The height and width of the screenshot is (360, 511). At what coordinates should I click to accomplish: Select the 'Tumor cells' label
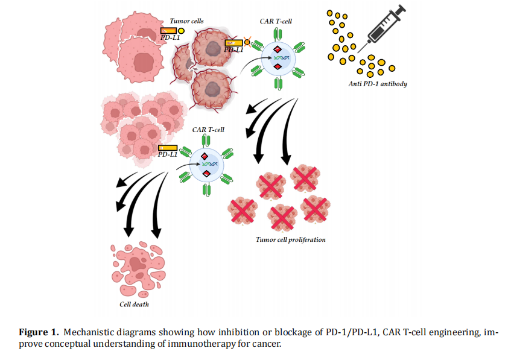[186, 21]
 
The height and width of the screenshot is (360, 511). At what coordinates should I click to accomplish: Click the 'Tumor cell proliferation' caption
[291, 239]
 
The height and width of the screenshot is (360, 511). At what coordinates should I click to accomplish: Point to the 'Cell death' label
[134, 305]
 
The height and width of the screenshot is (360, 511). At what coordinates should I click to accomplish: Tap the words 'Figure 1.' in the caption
[39, 333]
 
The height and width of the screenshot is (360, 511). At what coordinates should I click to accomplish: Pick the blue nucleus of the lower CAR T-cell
[207, 163]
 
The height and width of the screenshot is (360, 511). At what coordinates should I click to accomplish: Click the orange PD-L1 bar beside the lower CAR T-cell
[168, 148]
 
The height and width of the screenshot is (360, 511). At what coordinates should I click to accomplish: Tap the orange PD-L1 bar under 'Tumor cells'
[168, 31]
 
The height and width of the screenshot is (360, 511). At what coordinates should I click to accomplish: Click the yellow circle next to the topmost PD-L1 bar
[181, 31]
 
